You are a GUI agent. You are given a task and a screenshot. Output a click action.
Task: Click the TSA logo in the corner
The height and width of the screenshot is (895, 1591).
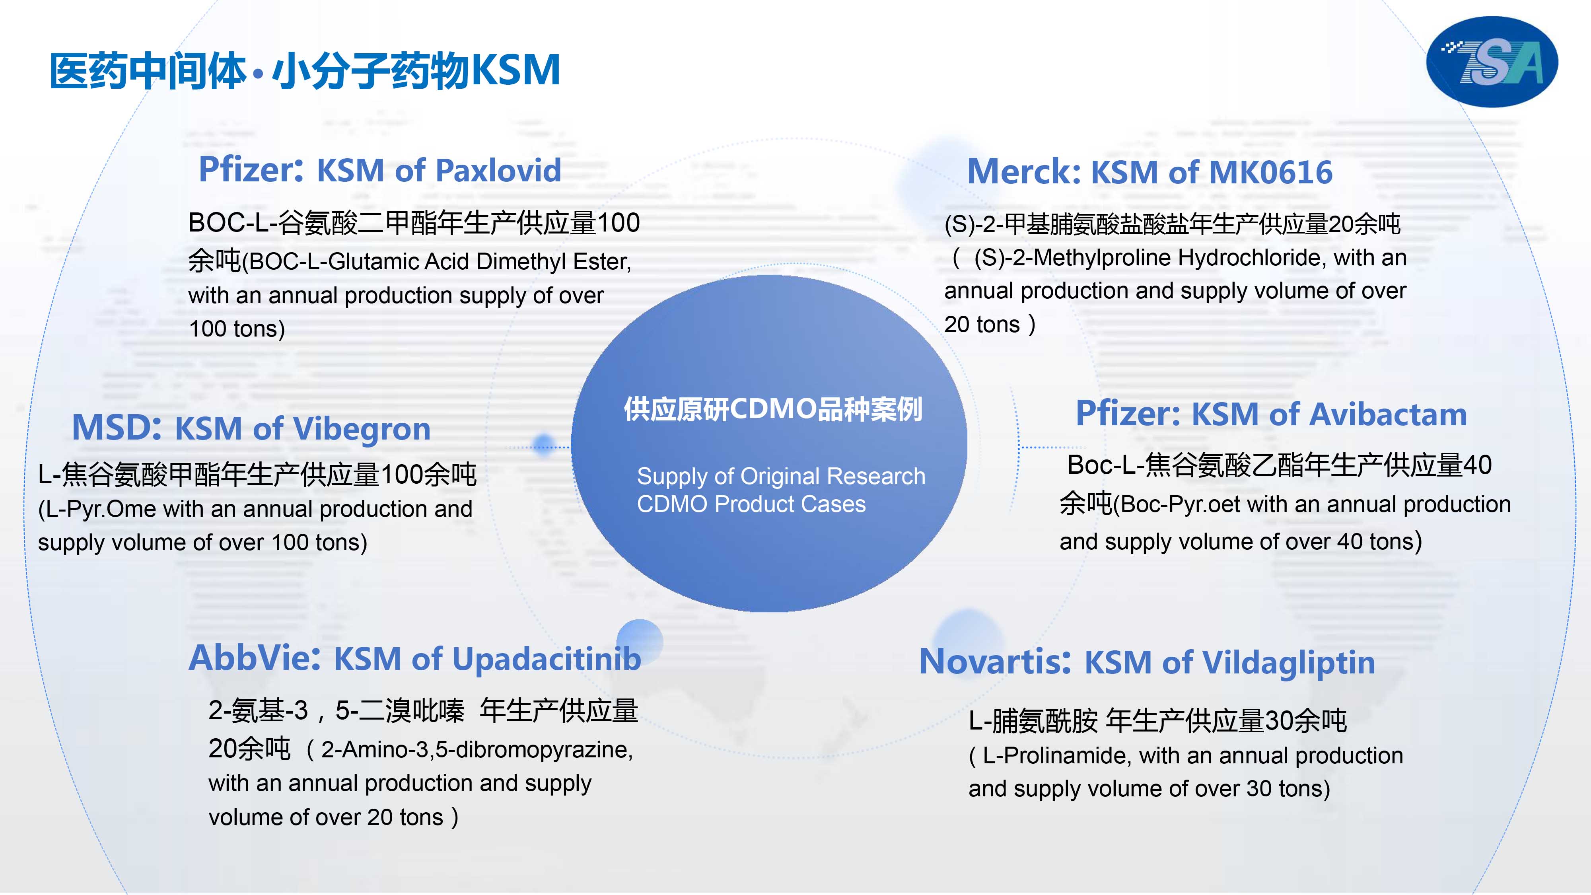point(1492,62)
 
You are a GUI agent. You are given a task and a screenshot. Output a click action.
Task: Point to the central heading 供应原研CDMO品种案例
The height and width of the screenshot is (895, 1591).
point(773,409)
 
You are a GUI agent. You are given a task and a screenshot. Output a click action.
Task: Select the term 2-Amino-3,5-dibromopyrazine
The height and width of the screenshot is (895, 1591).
point(476,750)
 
